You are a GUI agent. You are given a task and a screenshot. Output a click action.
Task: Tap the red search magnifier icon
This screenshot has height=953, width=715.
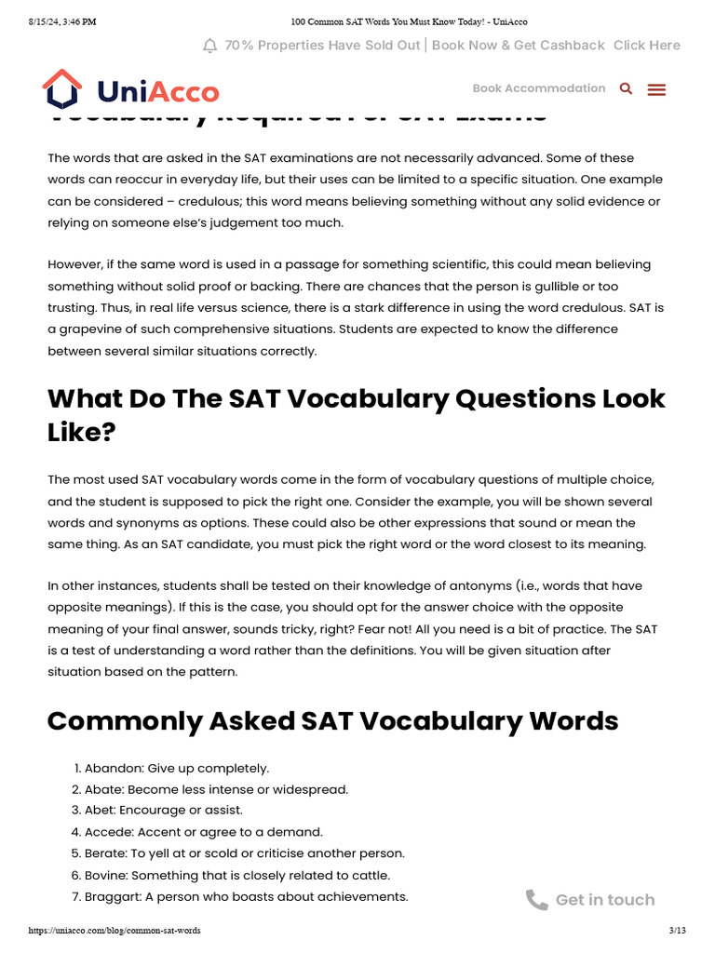tap(626, 88)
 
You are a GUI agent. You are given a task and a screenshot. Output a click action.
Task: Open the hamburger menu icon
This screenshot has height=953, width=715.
tap(656, 89)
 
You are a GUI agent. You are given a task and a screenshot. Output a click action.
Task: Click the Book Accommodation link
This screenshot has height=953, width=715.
tap(538, 88)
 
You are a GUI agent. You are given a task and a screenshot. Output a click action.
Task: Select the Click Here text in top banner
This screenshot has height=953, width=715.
tap(646, 45)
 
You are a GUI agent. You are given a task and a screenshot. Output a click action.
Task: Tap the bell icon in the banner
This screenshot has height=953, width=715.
tap(209, 46)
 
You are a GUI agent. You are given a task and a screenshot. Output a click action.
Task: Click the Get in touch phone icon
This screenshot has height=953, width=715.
tap(537, 899)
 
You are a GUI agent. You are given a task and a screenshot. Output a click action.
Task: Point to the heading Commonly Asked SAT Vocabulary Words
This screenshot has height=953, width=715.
tap(332, 721)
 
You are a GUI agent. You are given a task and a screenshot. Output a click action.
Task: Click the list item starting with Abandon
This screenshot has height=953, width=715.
tap(176, 768)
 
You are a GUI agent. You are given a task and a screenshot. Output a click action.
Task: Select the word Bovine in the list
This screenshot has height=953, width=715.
tap(105, 875)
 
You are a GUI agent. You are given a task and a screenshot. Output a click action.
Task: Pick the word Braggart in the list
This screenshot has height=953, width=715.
tap(112, 896)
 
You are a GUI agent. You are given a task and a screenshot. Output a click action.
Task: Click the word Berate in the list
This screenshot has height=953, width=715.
tap(105, 853)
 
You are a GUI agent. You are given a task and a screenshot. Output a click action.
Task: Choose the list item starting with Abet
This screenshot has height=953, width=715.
tap(163, 811)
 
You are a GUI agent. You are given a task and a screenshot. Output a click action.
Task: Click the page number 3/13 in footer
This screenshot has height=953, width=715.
tap(677, 931)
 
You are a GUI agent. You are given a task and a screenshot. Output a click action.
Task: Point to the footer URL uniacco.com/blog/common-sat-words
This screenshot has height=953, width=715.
tap(115, 931)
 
